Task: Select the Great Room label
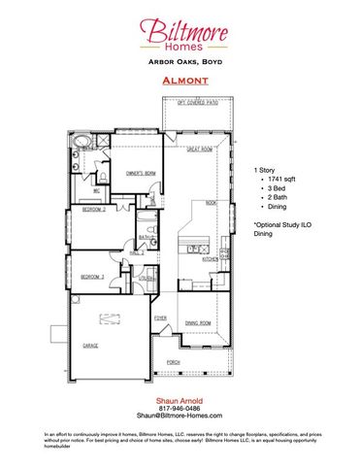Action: tap(201, 149)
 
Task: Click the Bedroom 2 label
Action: tap(93, 210)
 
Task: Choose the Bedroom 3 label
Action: tap(93, 277)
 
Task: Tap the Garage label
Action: tap(91, 346)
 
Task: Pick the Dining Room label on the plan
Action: tap(199, 323)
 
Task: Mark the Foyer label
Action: tap(160, 317)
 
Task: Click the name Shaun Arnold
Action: tap(180, 399)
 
